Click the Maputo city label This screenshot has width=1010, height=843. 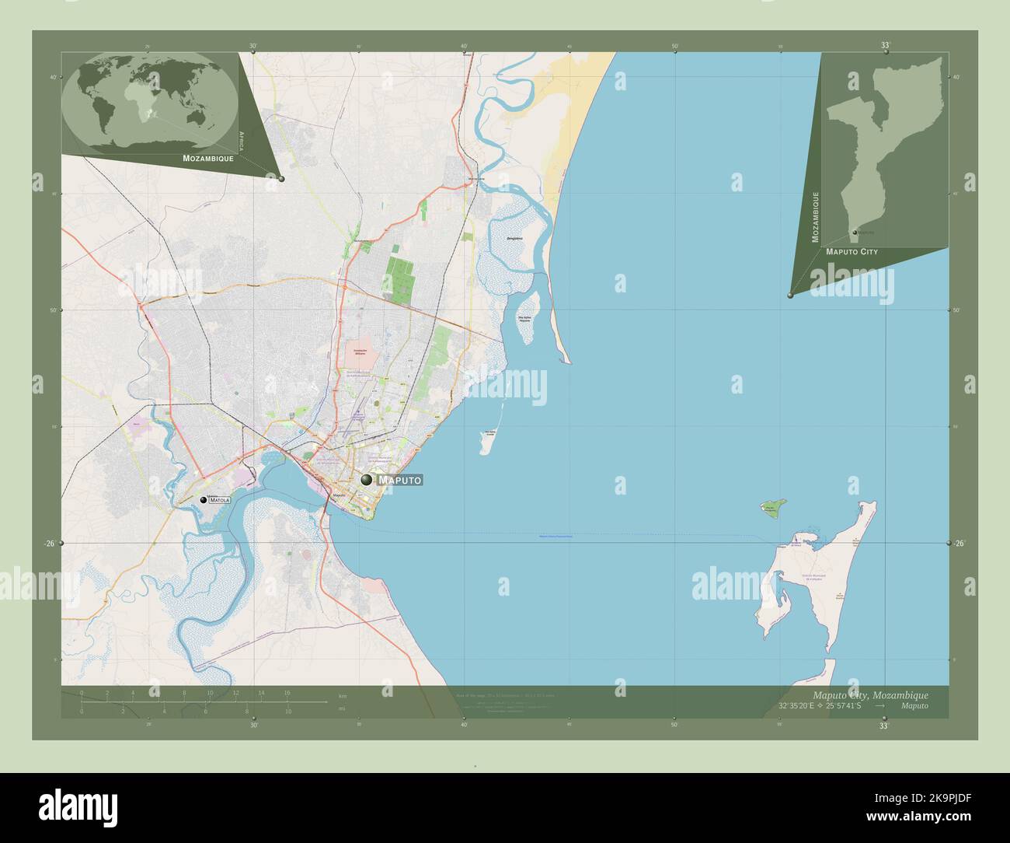pyautogui.click(x=400, y=481)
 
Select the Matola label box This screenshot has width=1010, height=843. pyautogui.click(x=219, y=501)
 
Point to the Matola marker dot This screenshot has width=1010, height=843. pyautogui.click(x=204, y=500)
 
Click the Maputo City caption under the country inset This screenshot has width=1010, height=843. pyautogui.click(x=852, y=252)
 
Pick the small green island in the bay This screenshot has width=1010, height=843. pyautogui.click(x=771, y=510)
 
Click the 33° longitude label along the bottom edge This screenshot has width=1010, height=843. pyautogui.click(x=883, y=726)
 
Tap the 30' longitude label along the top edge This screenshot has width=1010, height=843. pyautogui.click(x=253, y=46)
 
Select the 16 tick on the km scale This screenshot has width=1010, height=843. pyautogui.click(x=287, y=692)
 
